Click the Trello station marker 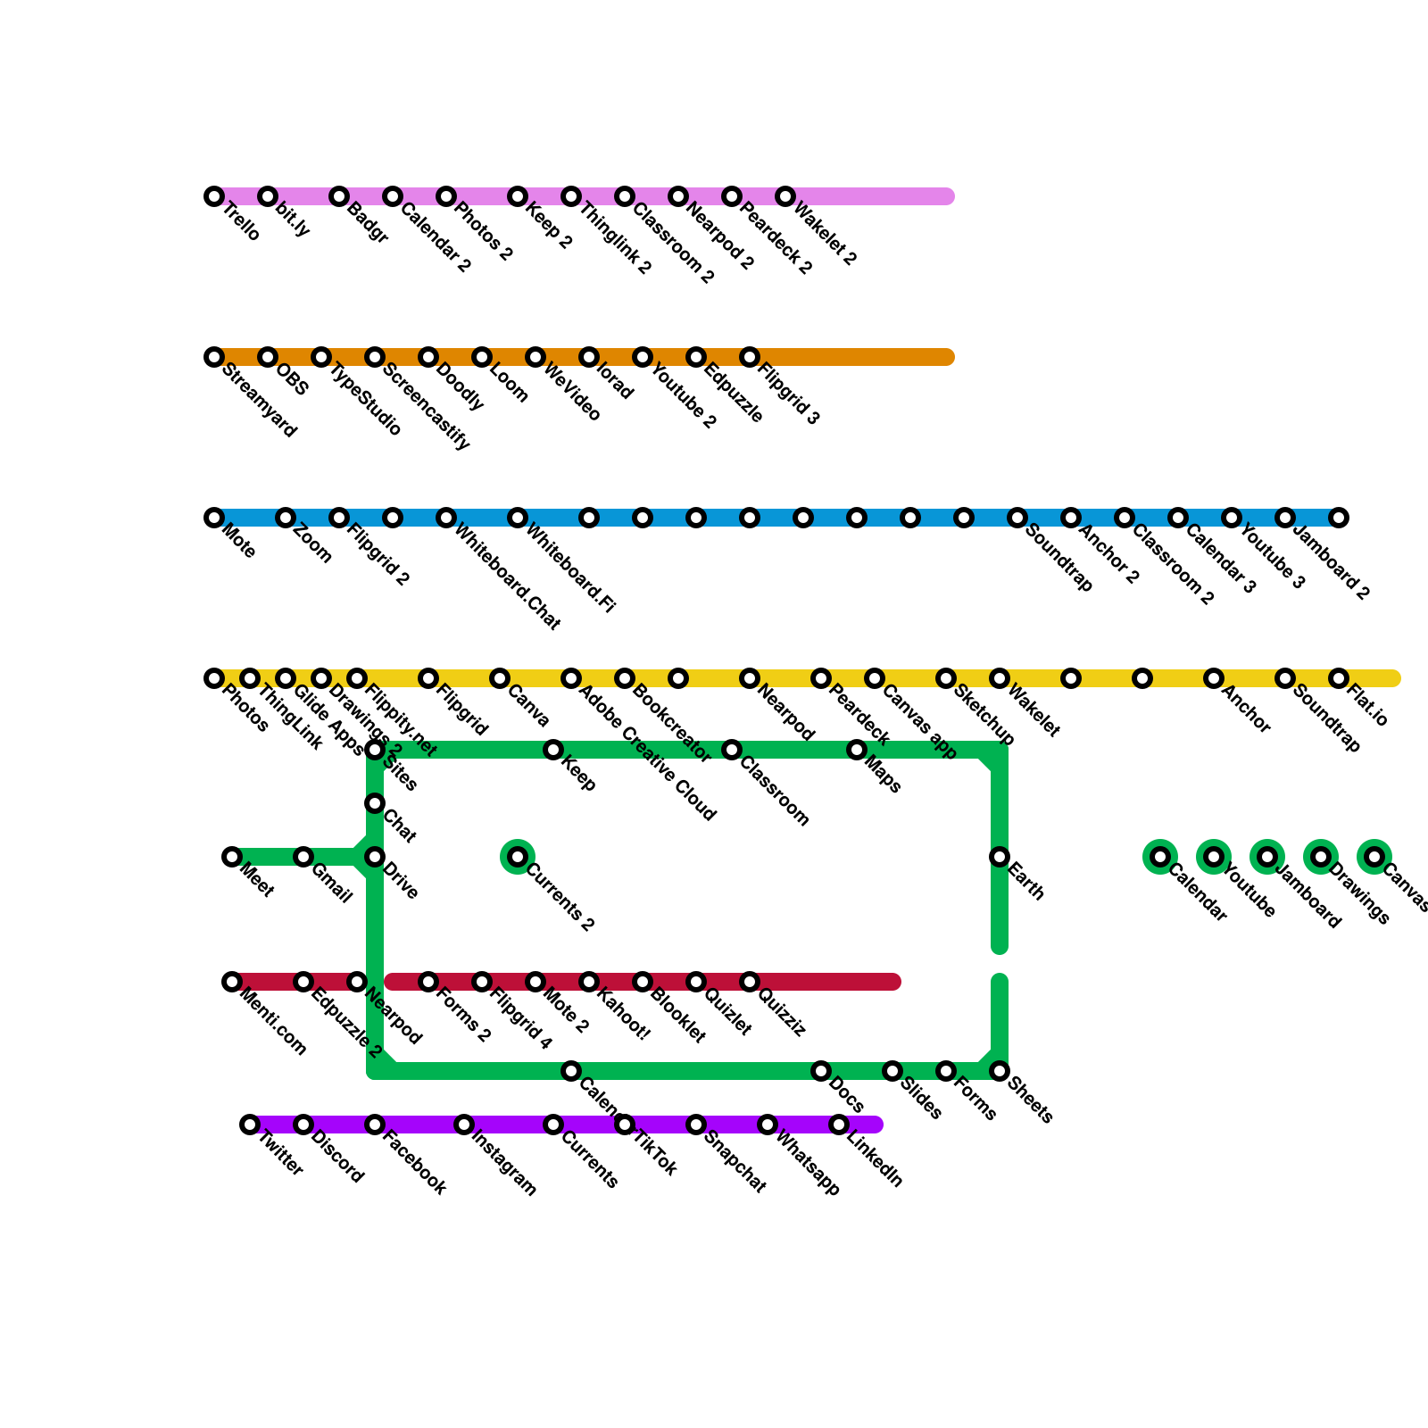point(214,196)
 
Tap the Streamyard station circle point(214,357)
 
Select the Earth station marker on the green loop point(1000,857)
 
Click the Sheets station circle point(1000,1071)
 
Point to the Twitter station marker point(250,1125)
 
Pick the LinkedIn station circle point(839,1125)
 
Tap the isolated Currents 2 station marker point(518,857)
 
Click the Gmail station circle point(303,857)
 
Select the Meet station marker point(232,857)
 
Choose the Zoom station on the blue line point(286,518)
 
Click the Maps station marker point(857,750)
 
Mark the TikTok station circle point(625,1125)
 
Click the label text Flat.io point(1367,705)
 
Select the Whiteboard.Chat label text point(507,577)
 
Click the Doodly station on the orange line point(428,357)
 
